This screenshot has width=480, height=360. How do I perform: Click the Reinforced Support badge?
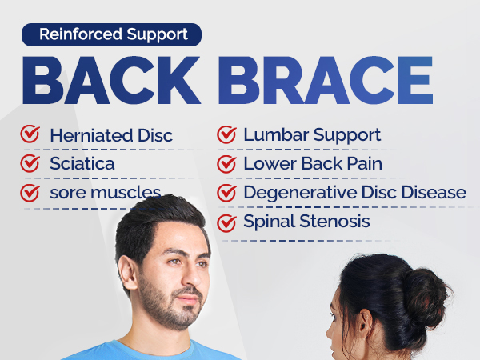pyautogui.click(x=111, y=34)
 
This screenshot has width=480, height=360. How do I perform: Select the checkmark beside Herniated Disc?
pyautogui.click(x=30, y=135)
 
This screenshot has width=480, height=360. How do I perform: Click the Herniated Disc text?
pyautogui.click(x=110, y=136)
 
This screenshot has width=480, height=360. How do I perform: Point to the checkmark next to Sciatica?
pyautogui.click(x=30, y=164)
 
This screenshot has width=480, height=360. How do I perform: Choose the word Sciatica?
pyautogui.click(x=82, y=164)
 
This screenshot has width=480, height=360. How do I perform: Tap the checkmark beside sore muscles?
pyautogui.click(x=30, y=193)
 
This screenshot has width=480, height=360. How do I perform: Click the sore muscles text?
pyautogui.click(x=105, y=193)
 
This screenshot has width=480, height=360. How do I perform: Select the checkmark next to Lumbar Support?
pyautogui.click(x=227, y=135)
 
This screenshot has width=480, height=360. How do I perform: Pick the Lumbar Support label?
pyautogui.click(x=312, y=136)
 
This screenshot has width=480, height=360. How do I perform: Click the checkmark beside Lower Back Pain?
pyautogui.click(x=227, y=164)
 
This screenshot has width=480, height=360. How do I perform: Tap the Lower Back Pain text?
pyautogui.click(x=313, y=164)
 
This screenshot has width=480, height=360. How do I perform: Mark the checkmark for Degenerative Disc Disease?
pyautogui.click(x=227, y=193)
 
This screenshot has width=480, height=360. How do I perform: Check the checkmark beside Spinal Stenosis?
pyautogui.click(x=227, y=222)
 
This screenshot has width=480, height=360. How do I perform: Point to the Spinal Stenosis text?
pyautogui.click(x=306, y=222)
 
